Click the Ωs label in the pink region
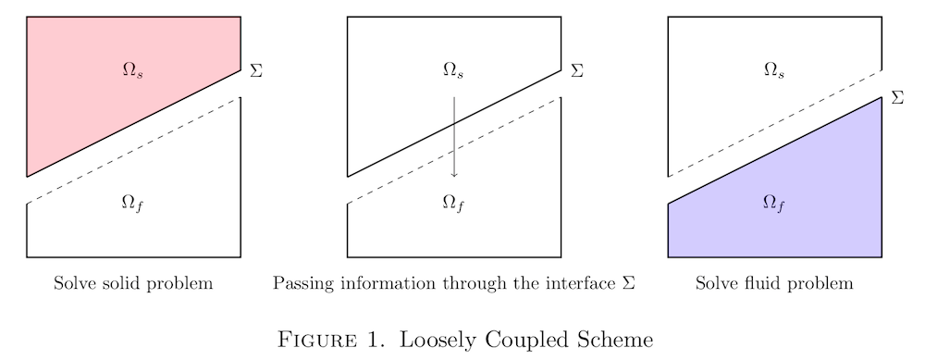pos(133,70)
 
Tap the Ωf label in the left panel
pos(132,204)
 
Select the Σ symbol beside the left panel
pos(256,70)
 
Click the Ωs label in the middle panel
pos(453,70)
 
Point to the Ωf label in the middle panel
pos(453,204)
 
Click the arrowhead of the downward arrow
pos(454,174)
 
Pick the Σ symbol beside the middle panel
pos(576,70)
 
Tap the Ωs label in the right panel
pos(774,70)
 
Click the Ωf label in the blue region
pos(774,204)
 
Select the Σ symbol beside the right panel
pos(896,97)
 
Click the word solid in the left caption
pos(117,283)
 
